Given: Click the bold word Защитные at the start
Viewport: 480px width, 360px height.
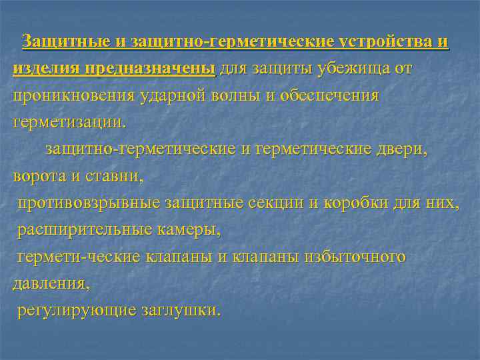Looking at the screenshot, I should tap(64, 41).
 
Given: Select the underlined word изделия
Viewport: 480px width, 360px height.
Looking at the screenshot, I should tap(45, 69).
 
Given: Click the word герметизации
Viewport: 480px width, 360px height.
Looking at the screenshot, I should tap(68, 123).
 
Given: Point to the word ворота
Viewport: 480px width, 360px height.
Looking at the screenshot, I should tap(37, 177).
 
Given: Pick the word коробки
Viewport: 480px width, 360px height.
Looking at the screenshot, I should tap(354, 203).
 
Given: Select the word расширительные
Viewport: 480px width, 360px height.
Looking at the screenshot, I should tap(83, 231).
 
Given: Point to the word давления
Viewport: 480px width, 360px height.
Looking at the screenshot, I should tap(50, 284).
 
